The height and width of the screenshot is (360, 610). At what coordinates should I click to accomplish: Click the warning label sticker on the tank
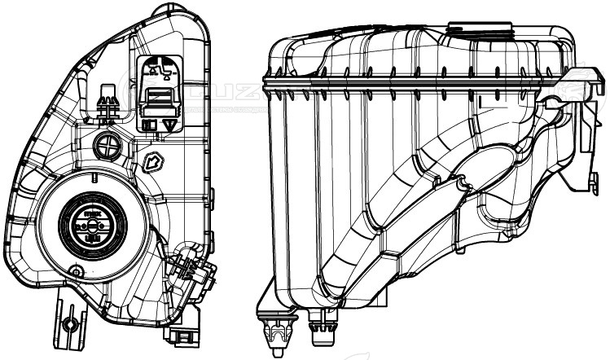[161, 94]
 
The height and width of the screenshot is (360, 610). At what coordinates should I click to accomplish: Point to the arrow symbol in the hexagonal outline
[152, 162]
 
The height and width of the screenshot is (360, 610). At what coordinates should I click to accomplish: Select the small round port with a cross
[107, 147]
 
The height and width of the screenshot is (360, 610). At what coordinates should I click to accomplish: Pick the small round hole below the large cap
[77, 270]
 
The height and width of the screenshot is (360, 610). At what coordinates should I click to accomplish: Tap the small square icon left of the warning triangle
[151, 125]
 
